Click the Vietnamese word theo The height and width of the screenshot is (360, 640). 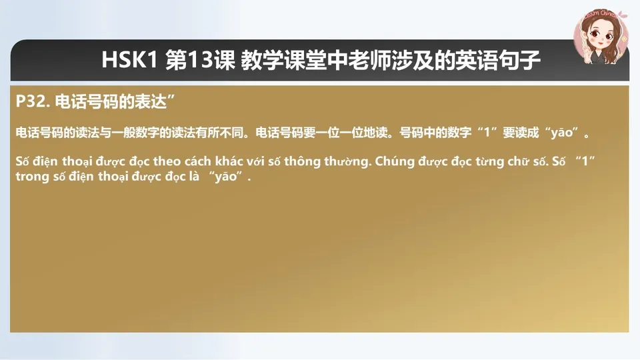click(x=167, y=162)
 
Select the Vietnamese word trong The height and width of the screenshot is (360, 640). click(x=32, y=177)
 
